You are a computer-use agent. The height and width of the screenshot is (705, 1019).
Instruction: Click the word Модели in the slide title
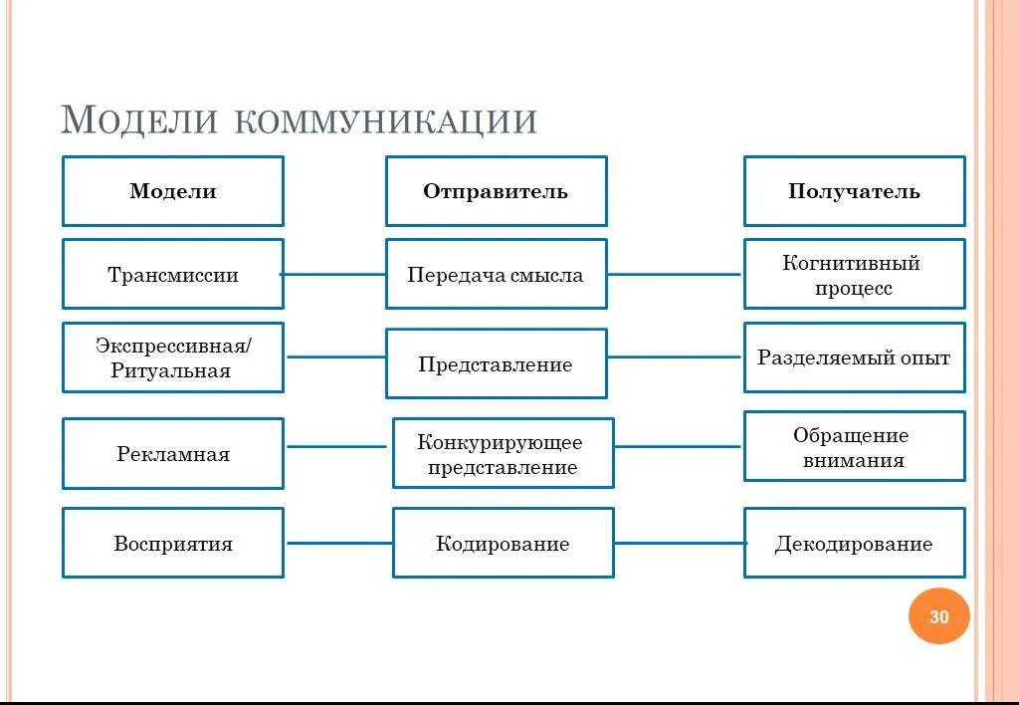139,119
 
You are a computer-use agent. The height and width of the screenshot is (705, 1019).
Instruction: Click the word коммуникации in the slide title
386,121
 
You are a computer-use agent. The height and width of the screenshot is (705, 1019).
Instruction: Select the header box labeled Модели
173,191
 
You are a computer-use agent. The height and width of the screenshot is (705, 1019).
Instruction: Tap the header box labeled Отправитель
496,191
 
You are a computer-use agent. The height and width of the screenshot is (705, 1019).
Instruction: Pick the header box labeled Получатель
854,191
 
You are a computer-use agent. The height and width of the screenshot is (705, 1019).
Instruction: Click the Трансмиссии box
173,274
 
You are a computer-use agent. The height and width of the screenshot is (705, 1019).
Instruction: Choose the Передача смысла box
496,274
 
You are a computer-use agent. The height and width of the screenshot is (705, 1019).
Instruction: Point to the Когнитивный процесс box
854,275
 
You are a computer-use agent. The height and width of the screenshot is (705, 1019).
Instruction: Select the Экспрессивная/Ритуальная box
173,357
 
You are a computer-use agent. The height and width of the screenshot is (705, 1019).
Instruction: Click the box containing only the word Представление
496,363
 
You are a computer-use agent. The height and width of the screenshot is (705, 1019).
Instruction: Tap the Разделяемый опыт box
854,357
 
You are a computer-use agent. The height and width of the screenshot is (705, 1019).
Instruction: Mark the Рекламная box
173,454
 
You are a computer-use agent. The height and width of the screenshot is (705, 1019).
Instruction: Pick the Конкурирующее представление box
503,453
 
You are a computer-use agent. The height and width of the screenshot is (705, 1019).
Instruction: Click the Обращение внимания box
854,447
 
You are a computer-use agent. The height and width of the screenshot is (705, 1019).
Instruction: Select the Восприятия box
173,543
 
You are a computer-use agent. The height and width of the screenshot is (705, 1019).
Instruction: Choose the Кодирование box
503,543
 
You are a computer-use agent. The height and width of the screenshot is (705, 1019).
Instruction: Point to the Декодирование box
854,543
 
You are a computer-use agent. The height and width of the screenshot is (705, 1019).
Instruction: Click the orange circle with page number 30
938,616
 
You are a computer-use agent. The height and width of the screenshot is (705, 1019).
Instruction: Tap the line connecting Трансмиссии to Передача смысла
334,274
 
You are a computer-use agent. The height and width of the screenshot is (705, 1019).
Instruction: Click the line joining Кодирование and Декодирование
679,543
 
